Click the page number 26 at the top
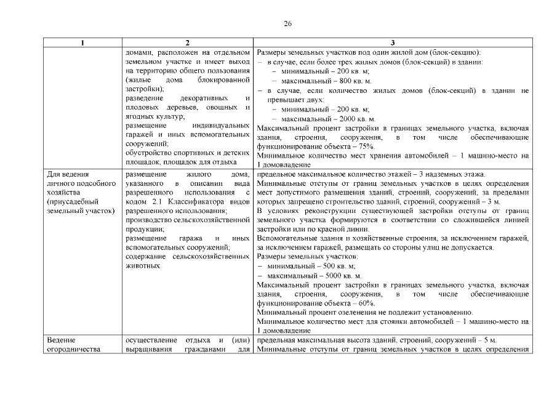point(287,23)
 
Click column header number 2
point(187,43)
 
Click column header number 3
point(393,43)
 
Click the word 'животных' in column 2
point(143,266)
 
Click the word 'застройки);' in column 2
point(143,90)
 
